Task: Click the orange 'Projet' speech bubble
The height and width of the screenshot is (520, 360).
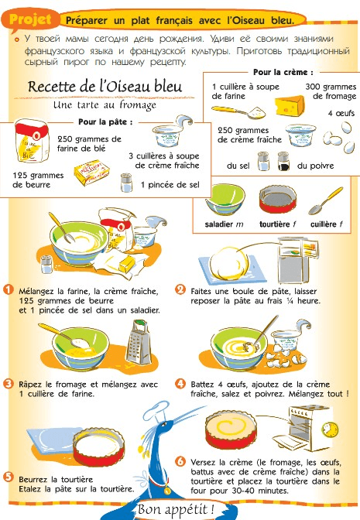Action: coord(30,21)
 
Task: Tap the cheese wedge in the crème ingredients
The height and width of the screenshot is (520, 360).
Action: coord(290,105)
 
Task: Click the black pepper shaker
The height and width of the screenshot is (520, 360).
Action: coord(283,161)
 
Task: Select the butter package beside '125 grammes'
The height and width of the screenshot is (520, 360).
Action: coord(92,173)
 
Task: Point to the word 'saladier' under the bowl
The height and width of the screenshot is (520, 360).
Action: coord(219,224)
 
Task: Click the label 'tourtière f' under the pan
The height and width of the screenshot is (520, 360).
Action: coord(278,224)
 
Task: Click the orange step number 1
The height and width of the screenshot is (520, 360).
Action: coord(9,289)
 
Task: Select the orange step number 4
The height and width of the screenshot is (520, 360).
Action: coord(180,384)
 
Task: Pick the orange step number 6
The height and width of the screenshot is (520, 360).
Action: coord(180,461)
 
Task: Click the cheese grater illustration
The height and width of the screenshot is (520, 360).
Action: coord(138,343)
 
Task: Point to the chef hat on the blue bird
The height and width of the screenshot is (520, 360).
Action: coord(156,411)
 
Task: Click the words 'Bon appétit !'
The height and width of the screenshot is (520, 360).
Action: coord(176,509)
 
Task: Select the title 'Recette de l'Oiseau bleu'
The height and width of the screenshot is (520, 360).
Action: coord(105,87)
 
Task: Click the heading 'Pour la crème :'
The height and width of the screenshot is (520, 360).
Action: coord(283,72)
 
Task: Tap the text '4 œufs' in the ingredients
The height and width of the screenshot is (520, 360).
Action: coord(341,114)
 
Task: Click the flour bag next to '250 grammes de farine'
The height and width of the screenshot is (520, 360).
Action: coord(32,141)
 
